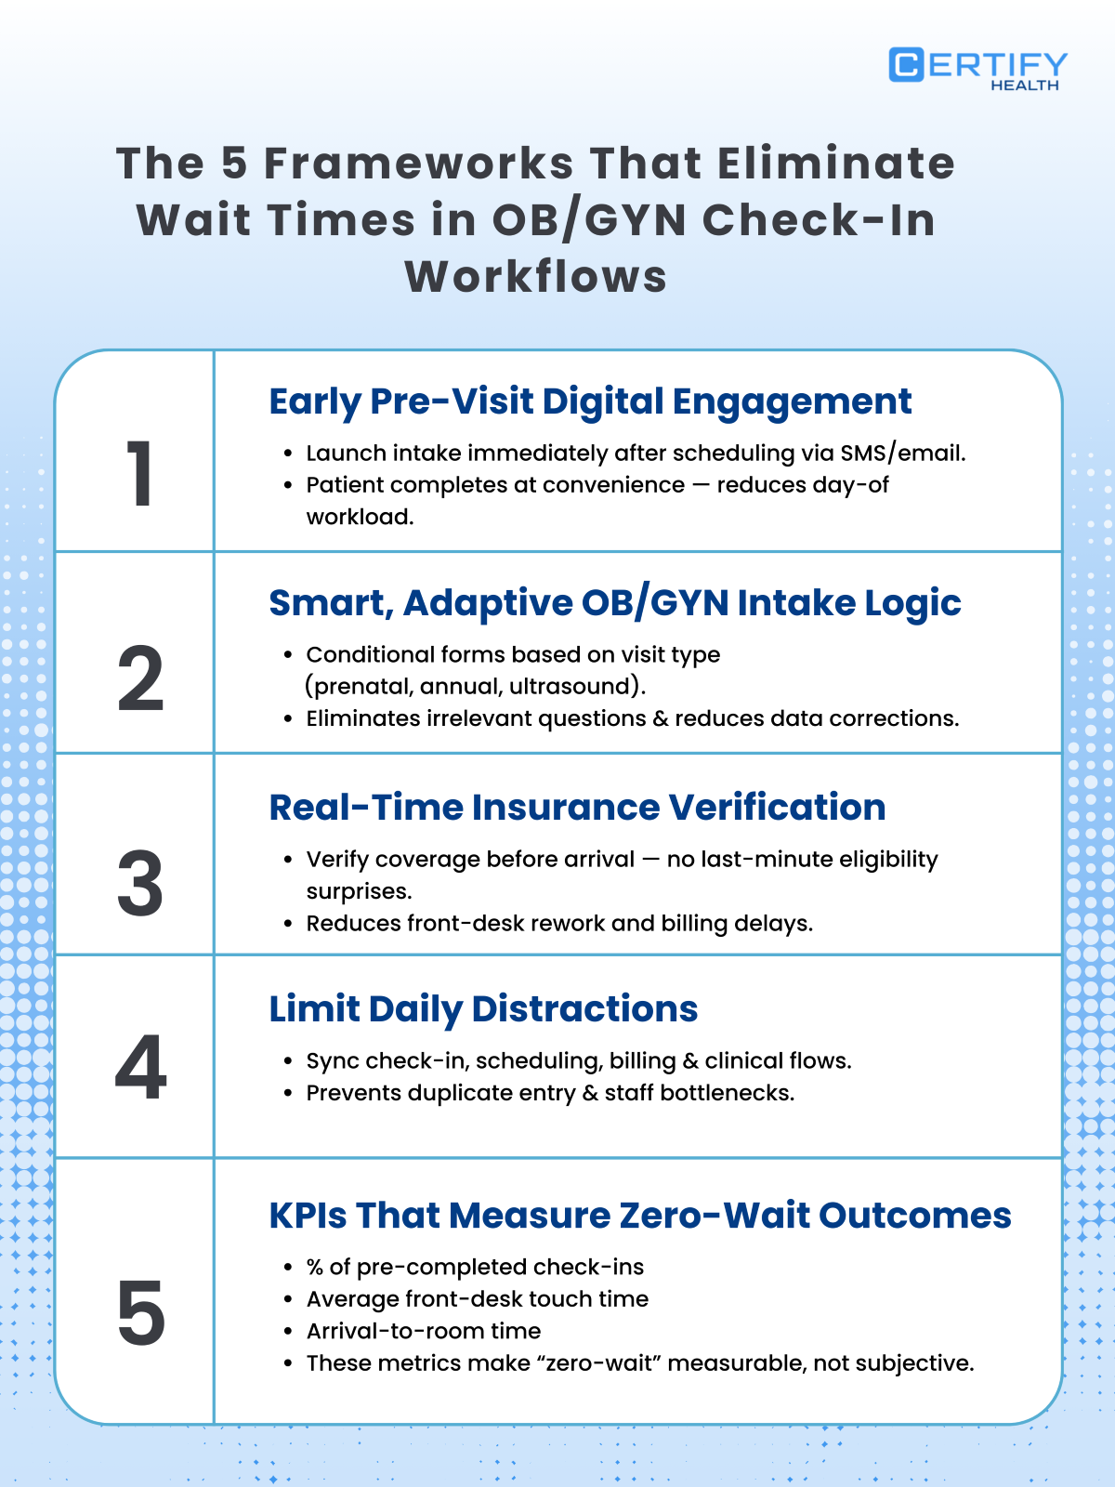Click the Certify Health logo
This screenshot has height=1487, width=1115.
click(977, 69)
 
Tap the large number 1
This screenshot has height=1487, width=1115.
click(139, 474)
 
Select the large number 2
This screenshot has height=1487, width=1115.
click(140, 679)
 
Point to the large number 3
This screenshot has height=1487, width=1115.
click(140, 883)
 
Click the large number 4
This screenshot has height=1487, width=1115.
click(140, 1068)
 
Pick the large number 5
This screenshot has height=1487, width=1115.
click(140, 1313)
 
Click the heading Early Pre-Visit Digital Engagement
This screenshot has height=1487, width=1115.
click(590, 401)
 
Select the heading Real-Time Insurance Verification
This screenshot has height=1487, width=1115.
click(577, 807)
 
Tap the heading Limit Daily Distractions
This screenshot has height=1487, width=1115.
click(483, 1008)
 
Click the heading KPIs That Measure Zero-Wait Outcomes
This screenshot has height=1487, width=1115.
click(639, 1215)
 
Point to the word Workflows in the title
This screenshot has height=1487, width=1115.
click(536, 276)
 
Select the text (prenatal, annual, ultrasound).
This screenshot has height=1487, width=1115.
click(476, 686)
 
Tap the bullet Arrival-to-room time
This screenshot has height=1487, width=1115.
click(424, 1331)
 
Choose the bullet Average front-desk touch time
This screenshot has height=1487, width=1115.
click(478, 1298)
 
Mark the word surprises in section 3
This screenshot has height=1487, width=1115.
click(359, 891)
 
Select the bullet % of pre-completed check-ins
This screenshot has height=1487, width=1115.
click(475, 1267)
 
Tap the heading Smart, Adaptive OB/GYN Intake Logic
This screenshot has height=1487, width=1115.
click(614, 603)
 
